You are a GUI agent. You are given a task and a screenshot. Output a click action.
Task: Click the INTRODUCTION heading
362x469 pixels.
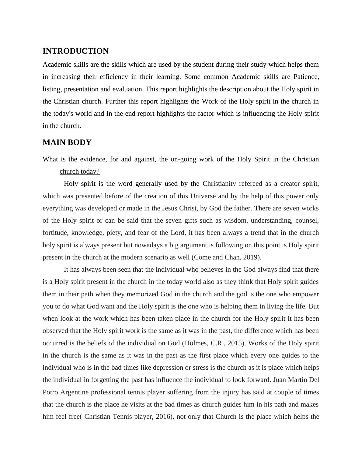coord(75,51)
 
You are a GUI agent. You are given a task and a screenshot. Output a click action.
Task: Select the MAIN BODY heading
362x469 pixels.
coord(67,143)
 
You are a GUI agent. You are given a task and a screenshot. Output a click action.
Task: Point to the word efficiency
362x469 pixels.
coord(114,77)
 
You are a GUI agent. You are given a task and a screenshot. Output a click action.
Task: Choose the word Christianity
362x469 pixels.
coord(219,184)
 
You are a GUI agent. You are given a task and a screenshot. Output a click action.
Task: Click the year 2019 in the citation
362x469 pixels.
coord(253,257)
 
